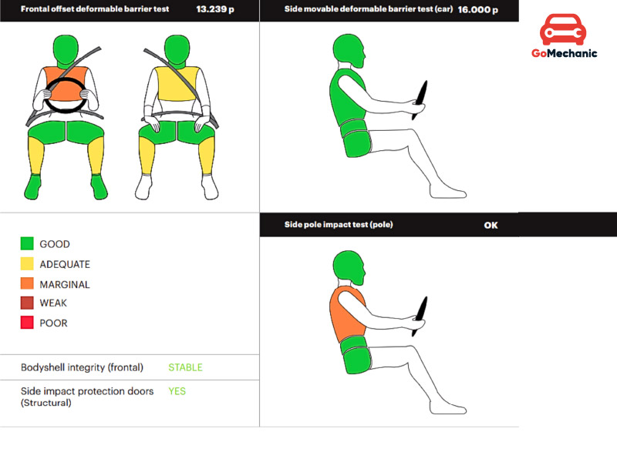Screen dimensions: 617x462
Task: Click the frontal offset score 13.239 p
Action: coord(215,9)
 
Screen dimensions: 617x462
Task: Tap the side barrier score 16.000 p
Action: coord(477,10)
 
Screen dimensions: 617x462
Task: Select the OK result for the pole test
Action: coord(491,225)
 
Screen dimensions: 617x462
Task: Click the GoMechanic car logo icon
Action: coord(563,29)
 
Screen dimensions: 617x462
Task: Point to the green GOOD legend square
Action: coord(27,243)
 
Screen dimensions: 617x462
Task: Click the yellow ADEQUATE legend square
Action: coord(27,263)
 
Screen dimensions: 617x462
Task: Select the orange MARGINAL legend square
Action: coord(27,283)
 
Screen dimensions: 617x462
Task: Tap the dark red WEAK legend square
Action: coord(27,303)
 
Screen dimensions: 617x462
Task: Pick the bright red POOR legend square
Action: coord(27,323)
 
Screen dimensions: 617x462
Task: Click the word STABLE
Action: coord(185,367)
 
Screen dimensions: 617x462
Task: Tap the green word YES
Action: coord(177,391)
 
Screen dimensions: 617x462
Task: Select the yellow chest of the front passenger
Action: coord(177,83)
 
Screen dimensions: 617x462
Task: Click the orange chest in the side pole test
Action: coord(347,314)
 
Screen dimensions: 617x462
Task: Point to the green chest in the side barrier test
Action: coord(348,98)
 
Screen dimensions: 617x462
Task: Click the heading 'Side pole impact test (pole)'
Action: coord(339,225)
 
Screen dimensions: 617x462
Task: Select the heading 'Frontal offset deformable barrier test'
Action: coord(95,9)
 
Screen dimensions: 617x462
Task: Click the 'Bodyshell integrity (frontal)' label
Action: coord(82,367)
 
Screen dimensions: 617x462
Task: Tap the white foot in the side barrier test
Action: coord(448,192)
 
